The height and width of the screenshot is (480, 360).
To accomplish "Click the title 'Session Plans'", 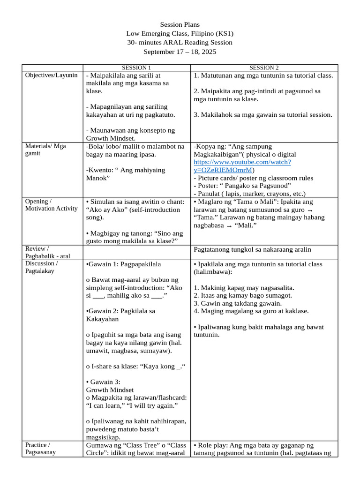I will [180, 24].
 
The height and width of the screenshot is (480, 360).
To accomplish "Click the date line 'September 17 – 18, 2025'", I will [180, 52].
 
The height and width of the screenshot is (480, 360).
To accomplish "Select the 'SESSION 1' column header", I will [136, 68].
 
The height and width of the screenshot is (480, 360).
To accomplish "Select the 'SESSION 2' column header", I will [264, 68].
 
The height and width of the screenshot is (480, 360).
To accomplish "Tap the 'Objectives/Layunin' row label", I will [52, 75].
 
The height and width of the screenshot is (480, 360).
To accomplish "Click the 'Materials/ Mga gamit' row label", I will [45, 150].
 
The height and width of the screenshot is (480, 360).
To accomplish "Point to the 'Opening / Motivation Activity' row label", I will [52, 205].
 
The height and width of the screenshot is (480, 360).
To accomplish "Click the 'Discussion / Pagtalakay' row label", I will [44, 267].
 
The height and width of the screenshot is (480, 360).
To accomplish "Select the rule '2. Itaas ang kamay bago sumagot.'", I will [243, 295].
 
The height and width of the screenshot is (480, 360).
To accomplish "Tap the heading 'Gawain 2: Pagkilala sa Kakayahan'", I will [121, 315].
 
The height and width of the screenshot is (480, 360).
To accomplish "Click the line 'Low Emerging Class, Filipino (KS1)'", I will [180, 33].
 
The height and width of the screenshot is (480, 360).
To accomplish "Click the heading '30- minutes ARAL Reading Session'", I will [180, 42].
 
